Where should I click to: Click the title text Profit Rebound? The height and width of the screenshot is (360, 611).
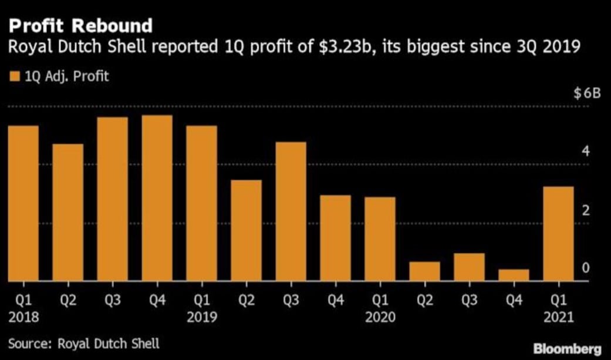click(80, 26)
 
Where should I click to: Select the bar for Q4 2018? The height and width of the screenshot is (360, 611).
click(157, 198)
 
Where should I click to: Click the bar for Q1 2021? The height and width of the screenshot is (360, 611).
click(558, 234)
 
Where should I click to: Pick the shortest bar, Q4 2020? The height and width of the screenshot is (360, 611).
click(514, 275)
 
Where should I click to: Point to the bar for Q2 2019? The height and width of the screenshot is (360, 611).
click(246, 230)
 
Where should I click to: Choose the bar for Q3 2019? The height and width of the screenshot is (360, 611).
click(291, 211)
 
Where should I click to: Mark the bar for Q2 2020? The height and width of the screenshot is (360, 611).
click(424, 271)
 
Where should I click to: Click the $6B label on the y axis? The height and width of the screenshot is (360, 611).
click(586, 93)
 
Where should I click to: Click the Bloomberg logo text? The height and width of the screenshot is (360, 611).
click(568, 349)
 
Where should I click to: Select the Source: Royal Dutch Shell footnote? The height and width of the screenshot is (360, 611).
click(84, 343)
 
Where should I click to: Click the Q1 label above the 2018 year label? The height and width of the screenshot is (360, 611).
click(23, 301)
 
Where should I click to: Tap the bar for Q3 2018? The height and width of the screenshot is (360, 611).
click(112, 199)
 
